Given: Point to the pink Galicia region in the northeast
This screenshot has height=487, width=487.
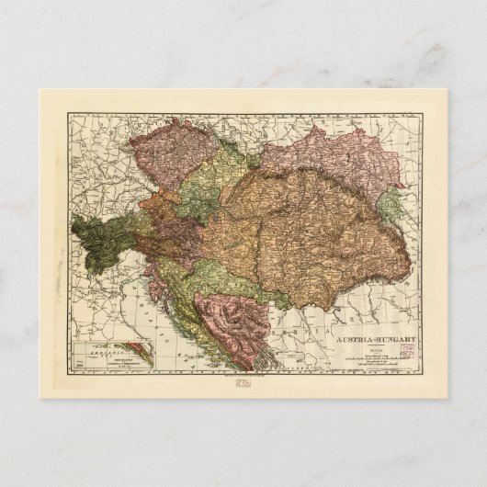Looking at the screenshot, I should [349, 156].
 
